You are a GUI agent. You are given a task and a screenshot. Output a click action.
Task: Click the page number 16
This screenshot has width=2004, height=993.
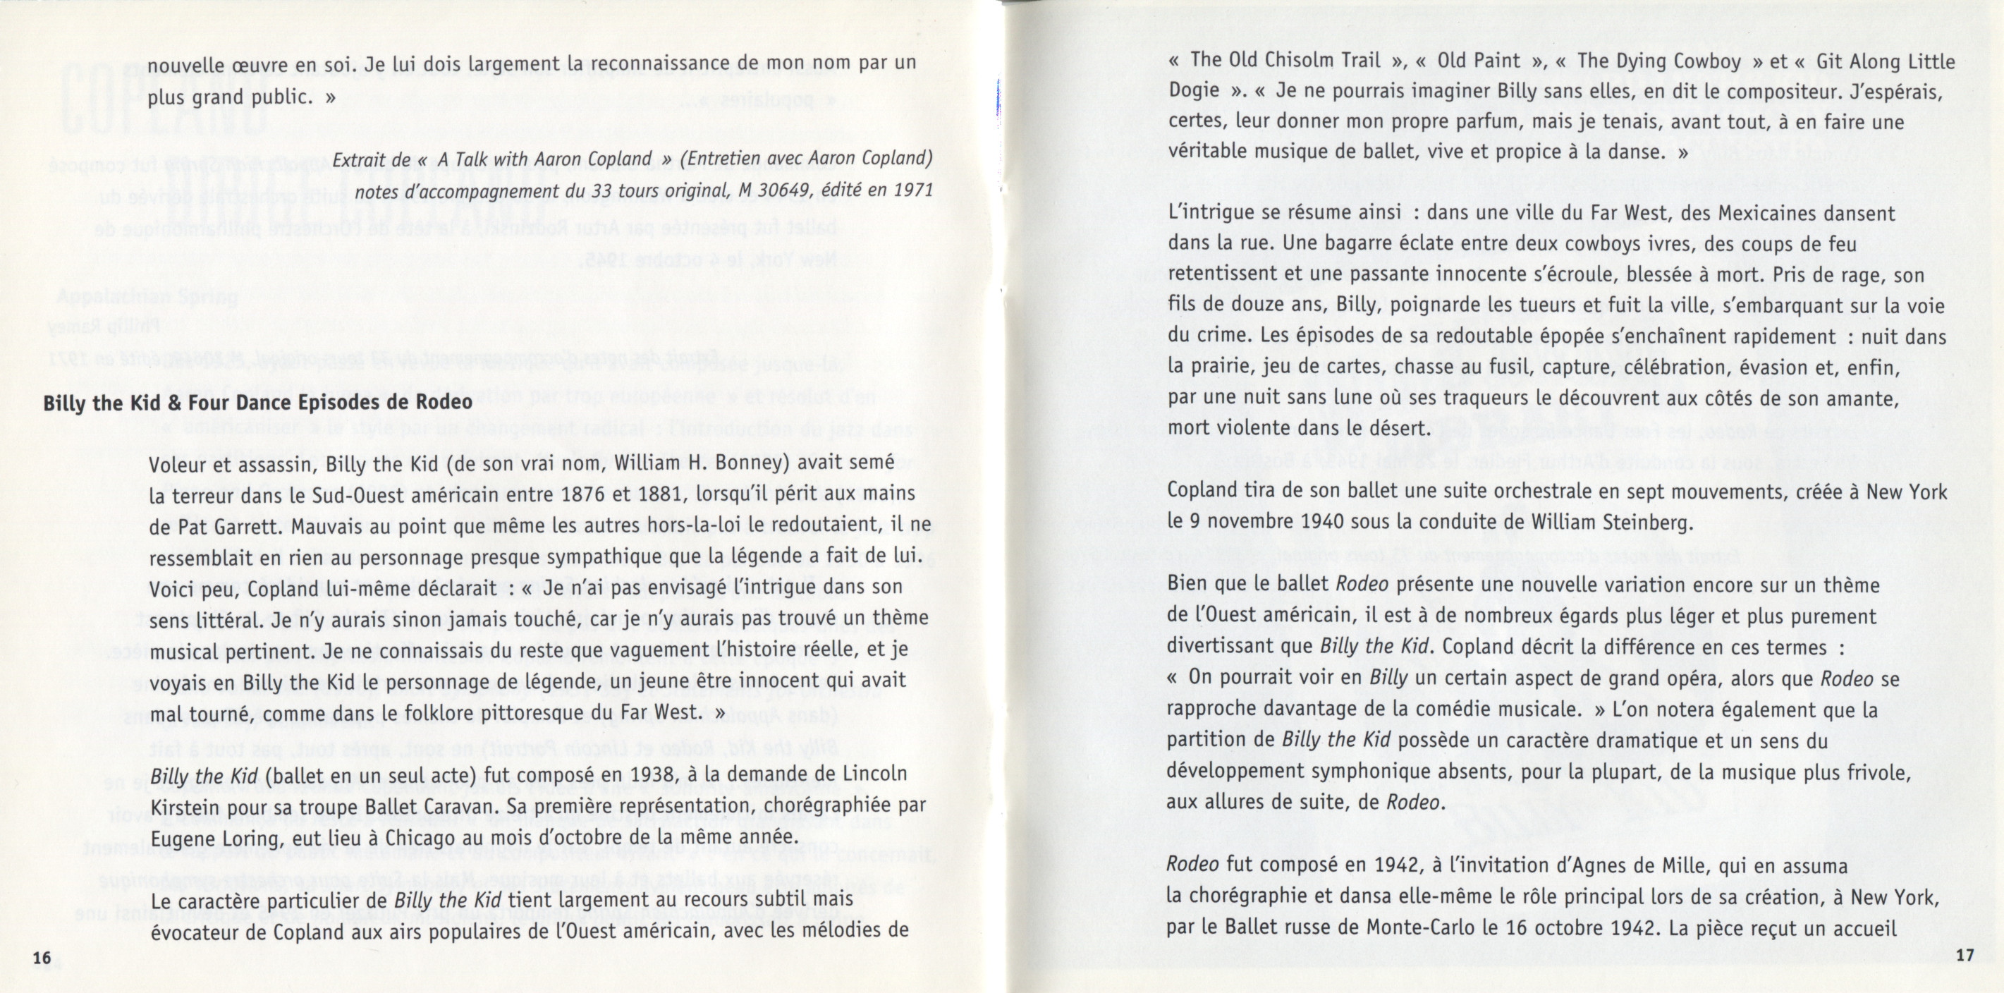[x=43, y=956]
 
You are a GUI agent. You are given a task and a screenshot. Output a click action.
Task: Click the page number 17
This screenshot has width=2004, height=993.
[x=1965, y=956]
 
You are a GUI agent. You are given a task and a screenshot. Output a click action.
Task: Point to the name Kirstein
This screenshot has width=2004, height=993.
[x=183, y=806]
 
